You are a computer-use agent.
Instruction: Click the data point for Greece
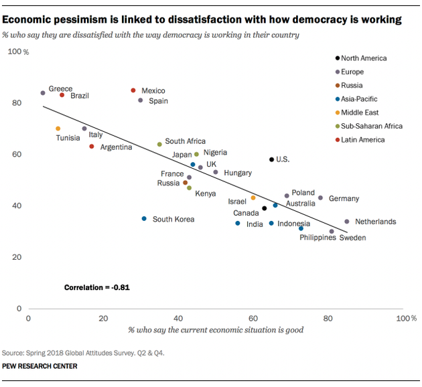click(x=43, y=93)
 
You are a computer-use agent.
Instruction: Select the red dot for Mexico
click(x=133, y=90)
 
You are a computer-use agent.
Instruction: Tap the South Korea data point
click(x=144, y=219)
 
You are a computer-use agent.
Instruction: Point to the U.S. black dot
click(x=271, y=159)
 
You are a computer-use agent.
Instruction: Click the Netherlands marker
click(x=346, y=222)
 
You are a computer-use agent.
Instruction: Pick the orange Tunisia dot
click(x=58, y=129)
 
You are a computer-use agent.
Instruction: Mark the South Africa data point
click(x=159, y=145)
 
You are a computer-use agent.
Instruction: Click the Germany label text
click(x=344, y=199)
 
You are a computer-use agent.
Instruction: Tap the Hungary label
click(x=238, y=173)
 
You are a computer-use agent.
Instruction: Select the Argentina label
click(x=116, y=147)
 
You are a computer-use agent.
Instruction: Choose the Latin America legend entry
click(x=363, y=140)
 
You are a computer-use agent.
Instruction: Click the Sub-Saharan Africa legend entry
click(x=372, y=126)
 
